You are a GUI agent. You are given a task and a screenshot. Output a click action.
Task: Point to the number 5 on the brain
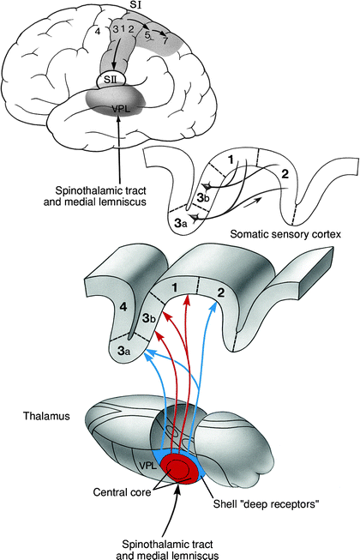pos(148,36)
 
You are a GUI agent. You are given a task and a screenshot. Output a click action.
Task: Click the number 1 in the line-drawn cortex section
pos(229,160)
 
